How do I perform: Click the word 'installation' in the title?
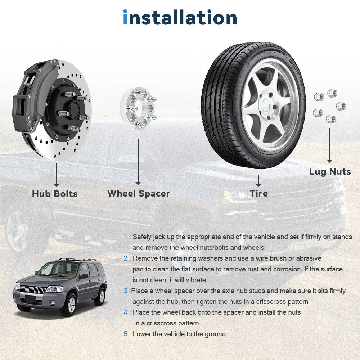(x=180, y=17)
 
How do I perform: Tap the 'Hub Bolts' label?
(x=55, y=194)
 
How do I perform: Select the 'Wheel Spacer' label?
(x=139, y=194)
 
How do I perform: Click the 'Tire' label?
(x=259, y=193)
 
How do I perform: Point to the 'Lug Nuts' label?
(x=330, y=172)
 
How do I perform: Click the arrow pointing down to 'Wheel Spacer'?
(x=138, y=162)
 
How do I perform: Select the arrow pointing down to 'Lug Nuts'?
(x=330, y=145)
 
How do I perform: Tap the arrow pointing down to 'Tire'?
(x=258, y=181)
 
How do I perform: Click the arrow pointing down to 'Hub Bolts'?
(x=56, y=175)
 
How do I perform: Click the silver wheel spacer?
(x=139, y=108)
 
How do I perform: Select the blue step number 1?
(x=125, y=237)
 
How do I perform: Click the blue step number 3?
(x=126, y=291)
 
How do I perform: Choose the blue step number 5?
(x=126, y=334)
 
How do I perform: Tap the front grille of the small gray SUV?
(x=33, y=289)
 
